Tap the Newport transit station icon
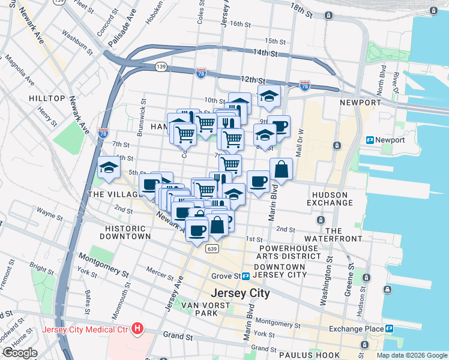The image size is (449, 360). click(370, 140)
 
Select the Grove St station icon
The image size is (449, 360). click(246, 276)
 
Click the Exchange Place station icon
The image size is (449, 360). click(389, 328)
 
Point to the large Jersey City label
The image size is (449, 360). click(240, 293)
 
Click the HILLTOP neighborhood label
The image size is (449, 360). click(46, 98)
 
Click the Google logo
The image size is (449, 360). click(20, 353)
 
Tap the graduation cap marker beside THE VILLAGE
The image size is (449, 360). click(109, 167)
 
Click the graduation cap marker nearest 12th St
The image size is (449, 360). click(269, 95)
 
